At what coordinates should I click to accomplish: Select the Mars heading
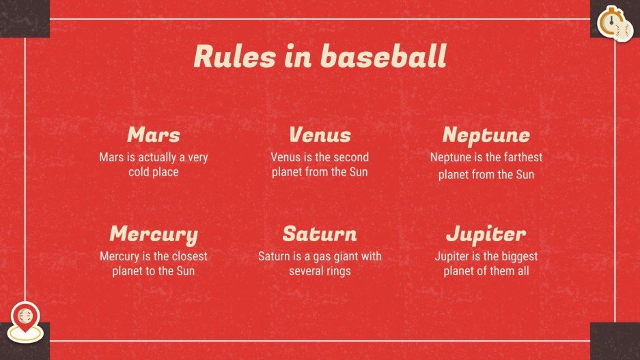pyautogui.click(x=154, y=134)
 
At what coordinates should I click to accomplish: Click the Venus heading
pyautogui.click(x=320, y=134)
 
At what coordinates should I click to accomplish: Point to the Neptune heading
pyautogui.click(x=486, y=134)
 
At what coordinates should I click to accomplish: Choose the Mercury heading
pyautogui.click(x=154, y=234)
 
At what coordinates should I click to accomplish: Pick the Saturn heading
pyautogui.click(x=320, y=234)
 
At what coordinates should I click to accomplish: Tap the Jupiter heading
pyautogui.click(x=486, y=234)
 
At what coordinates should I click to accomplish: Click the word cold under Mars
pyautogui.click(x=139, y=172)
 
